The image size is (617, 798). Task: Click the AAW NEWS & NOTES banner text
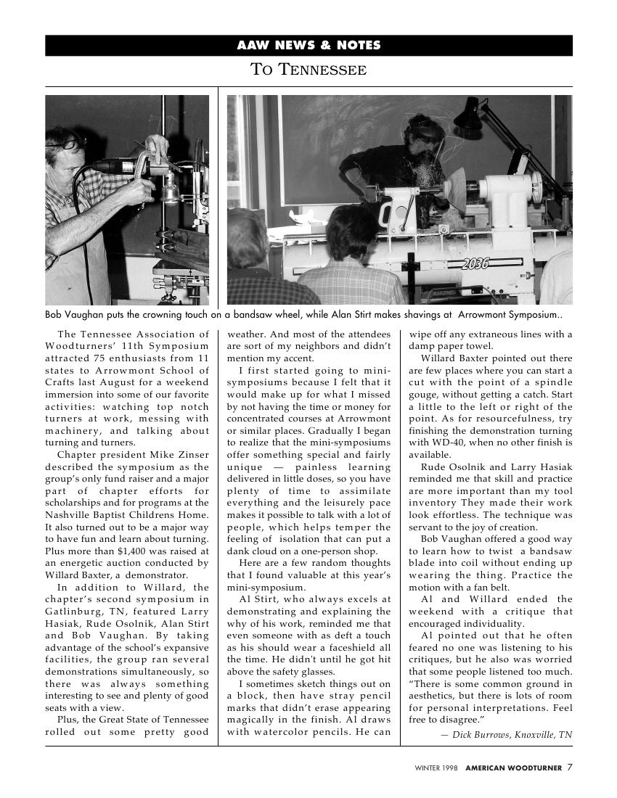click(x=308, y=46)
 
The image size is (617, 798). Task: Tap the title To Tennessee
click(x=308, y=70)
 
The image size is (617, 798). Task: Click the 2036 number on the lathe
click(x=475, y=264)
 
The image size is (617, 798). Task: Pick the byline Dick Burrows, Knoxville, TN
click(x=507, y=735)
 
